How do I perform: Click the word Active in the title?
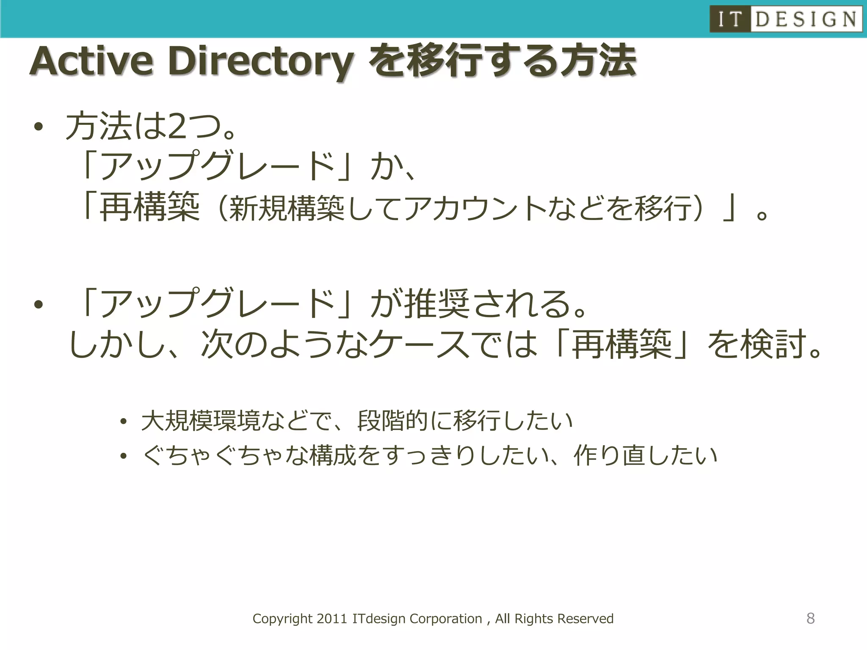coord(91,62)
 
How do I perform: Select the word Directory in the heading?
coord(260,62)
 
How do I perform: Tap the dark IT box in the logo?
coord(730,19)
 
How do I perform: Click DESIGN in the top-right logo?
coord(806,19)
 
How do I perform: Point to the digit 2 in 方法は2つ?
coord(177,126)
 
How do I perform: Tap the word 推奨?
coord(437,304)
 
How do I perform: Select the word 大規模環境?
coord(201,421)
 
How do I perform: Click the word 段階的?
coord(393,421)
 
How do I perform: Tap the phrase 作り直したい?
coord(645,455)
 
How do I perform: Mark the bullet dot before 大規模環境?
coord(123,421)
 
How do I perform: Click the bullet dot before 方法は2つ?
coord(39,127)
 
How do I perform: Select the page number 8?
coord(810,618)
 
